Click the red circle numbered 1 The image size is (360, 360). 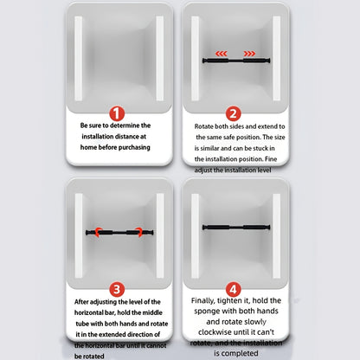click(x=117, y=113)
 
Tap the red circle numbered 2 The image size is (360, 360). click(x=233, y=113)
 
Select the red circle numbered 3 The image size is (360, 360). click(x=117, y=289)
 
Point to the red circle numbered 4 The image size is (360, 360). click(x=234, y=289)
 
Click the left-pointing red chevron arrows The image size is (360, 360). click(x=222, y=54)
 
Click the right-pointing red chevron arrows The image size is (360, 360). click(x=249, y=54)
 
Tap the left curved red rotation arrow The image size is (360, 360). click(x=98, y=232)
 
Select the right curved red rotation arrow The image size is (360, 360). click(x=139, y=232)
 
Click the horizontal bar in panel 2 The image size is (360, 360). click(x=236, y=61)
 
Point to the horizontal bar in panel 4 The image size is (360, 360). click(x=236, y=228)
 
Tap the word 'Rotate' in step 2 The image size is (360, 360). click(x=203, y=126)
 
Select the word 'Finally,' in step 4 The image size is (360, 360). click(x=202, y=301)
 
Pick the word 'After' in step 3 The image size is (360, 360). click(x=81, y=302)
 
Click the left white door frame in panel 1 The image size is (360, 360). click(x=79, y=59)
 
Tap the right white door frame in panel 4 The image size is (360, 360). click(x=276, y=235)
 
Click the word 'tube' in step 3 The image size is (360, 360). click(x=82, y=324)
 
